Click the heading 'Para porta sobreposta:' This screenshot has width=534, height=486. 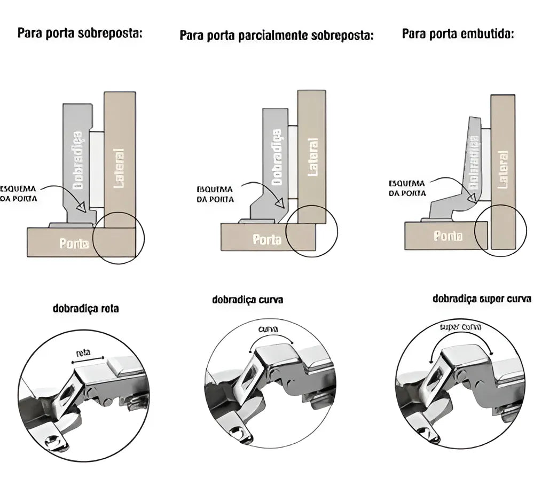[81, 33]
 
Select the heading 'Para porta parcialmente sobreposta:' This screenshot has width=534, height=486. [276, 36]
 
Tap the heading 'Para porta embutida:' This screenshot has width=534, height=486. [458, 34]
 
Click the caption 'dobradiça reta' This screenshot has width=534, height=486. [86, 308]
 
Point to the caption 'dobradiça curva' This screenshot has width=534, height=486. [247, 300]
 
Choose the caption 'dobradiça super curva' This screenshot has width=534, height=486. [482, 299]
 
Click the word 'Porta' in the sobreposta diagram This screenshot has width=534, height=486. [74, 244]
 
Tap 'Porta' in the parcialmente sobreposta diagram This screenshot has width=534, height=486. [266, 240]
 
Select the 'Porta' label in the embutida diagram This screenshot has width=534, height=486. [447, 236]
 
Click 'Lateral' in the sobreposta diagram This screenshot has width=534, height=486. [119, 168]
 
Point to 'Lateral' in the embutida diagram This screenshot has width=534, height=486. [502, 169]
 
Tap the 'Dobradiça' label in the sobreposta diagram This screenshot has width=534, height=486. [78, 160]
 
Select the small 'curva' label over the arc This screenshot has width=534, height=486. [268, 330]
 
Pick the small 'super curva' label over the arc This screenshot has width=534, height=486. [461, 326]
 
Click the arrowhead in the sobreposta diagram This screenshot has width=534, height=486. [82, 207]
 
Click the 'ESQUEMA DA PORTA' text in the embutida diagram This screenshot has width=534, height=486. [407, 188]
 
